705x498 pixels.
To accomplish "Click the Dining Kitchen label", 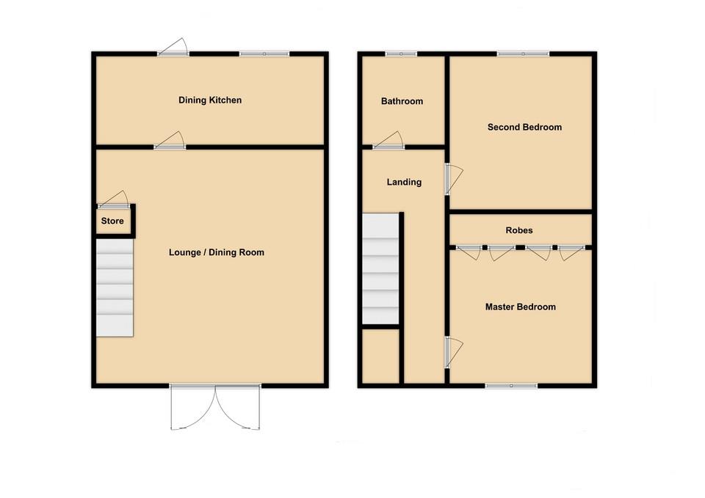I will point(210,100).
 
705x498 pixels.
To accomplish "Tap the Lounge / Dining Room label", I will point(216,252).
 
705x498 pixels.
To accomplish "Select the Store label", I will point(112,221).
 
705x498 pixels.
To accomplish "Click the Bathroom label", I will point(402,101).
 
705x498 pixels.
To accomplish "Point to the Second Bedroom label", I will point(524,127).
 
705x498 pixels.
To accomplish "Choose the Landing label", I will point(404,182).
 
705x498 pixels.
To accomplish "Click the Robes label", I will point(519,230).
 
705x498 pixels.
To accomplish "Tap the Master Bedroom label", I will point(520,307).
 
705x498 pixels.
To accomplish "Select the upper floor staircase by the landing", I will point(380,268).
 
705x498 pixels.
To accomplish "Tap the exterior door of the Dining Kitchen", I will point(173,48).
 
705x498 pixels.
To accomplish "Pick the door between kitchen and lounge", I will point(170,142).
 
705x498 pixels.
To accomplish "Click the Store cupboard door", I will point(114,200).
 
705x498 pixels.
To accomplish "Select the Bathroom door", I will point(388,142).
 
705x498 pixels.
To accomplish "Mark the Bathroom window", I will point(402,54).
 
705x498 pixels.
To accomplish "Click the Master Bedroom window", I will point(510,384).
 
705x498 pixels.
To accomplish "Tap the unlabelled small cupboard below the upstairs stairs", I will point(380,356).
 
